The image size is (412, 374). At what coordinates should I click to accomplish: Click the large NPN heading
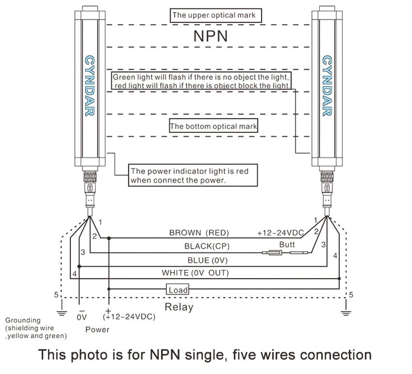pos(210,36)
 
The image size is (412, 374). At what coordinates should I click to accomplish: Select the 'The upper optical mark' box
pos(216,16)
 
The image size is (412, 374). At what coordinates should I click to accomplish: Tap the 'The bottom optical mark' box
pos(213,126)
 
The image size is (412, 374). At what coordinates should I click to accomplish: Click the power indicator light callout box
pos(193,175)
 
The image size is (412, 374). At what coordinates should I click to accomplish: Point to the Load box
pos(177,289)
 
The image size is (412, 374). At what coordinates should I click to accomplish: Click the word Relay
pos(179,307)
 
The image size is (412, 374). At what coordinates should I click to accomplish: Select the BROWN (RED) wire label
pos(199,233)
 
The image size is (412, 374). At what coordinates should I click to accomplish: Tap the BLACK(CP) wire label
pos(207,247)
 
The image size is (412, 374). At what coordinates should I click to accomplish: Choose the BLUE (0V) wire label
pos(207,260)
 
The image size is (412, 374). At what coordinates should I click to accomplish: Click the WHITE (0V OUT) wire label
pos(195,273)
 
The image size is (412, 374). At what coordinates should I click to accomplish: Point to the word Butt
pos(287,245)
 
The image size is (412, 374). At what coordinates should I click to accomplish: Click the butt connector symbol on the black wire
pos(285,253)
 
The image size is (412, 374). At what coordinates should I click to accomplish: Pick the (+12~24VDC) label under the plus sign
pos(129,316)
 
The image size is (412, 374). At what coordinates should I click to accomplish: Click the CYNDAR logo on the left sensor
pos(90,86)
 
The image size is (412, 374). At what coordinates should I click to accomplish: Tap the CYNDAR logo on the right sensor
pos(327,86)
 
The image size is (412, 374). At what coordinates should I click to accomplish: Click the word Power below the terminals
pos(97,329)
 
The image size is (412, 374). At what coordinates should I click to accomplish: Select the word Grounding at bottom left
pos(23,320)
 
